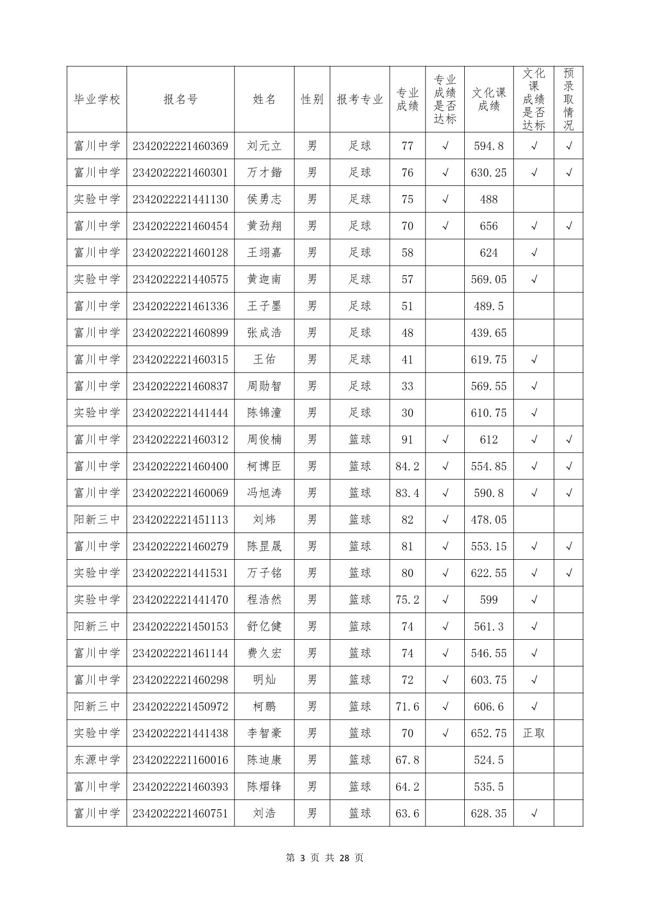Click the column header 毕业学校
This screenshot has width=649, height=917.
pos(97,99)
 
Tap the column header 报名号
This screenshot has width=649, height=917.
pos(181,99)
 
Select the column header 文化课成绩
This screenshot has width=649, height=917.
pos(489,99)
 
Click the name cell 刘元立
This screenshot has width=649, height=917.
pos(264,146)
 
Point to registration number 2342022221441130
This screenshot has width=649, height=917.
pos(181,199)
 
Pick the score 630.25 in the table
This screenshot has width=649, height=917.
pos(489,173)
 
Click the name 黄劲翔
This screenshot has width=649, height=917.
pos(264,226)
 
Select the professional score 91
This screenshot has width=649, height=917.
pos(407,439)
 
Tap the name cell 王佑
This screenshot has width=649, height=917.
pos(264,359)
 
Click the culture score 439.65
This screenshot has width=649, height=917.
pos(489,333)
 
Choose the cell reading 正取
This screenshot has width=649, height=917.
pos(534,733)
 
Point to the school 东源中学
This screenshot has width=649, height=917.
pos(97,760)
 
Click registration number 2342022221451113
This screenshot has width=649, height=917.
pos(181,519)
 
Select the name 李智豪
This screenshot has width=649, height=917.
pos(264,733)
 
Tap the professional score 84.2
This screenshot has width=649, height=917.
pos(407,466)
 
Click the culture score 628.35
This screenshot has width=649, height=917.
pos(489,813)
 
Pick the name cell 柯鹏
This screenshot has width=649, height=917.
pos(264,706)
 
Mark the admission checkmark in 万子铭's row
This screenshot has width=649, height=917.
pos(568,573)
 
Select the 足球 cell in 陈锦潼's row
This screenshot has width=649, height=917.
pos(360,413)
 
